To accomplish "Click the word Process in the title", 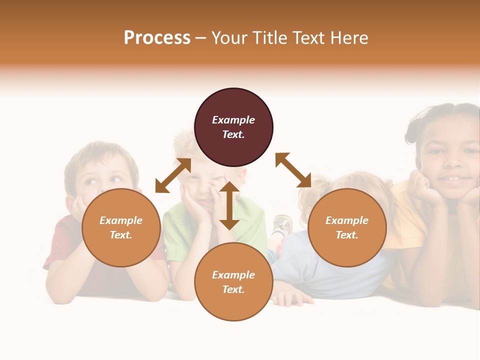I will coord(157,38).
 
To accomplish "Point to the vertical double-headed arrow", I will coord(229,205).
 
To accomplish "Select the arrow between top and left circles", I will coord(173,175).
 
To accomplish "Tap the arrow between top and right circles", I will coord(293,170).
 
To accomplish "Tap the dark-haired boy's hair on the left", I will coord(100,155).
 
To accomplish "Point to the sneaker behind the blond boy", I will coord(282,225).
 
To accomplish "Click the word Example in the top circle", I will coord(233,120).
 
